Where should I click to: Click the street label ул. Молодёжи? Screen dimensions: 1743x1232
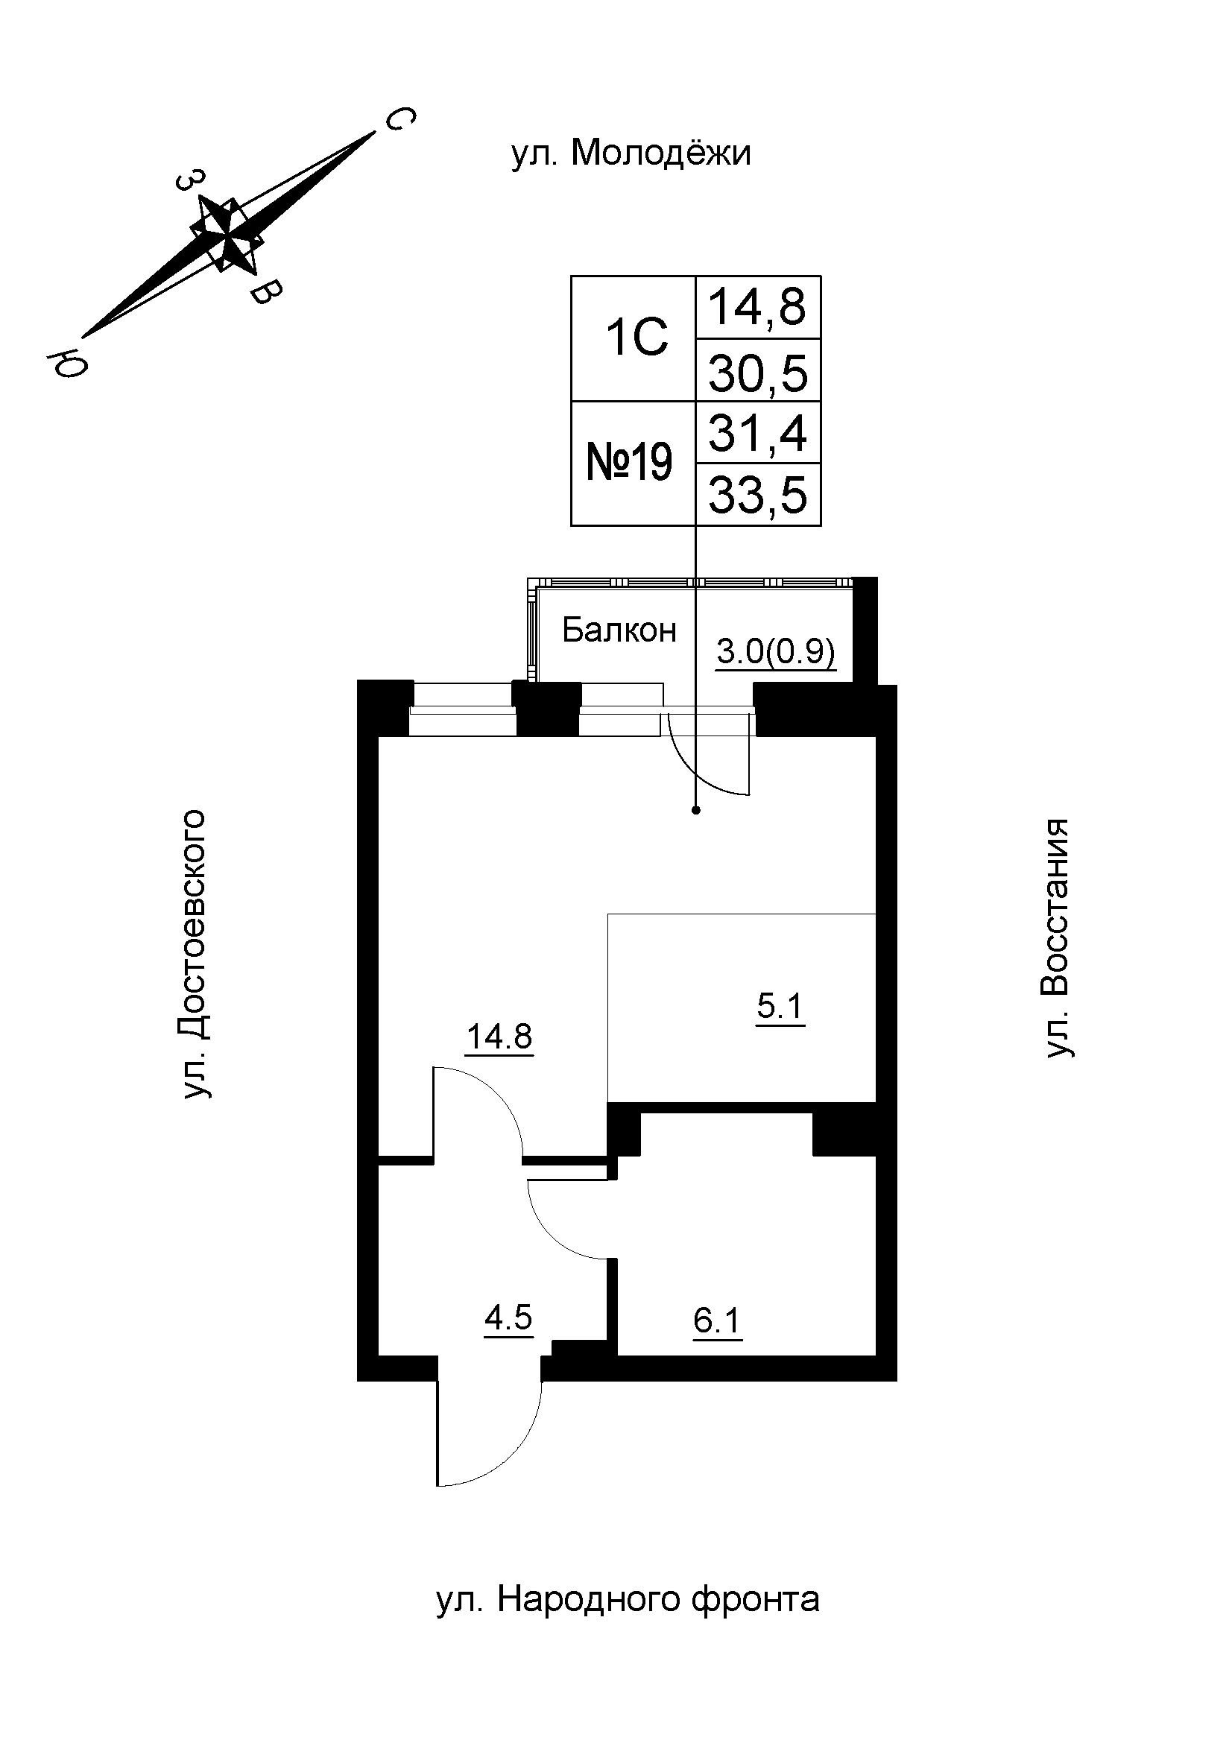(x=631, y=154)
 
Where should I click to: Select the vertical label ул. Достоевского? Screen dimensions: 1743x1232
(x=195, y=955)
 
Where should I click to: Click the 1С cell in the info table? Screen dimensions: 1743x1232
(x=636, y=338)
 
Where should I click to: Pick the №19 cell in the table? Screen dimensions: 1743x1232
(x=630, y=463)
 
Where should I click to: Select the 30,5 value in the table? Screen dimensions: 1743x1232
(x=757, y=373)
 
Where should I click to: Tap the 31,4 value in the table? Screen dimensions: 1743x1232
(x=757, y=432)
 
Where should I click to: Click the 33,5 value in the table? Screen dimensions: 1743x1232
(x=757, y=495)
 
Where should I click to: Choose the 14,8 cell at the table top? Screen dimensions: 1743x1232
(x=757, y=307)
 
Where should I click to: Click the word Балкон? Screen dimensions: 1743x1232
(x=619, y=630)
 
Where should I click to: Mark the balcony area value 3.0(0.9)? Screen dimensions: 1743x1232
(x=776, y=652)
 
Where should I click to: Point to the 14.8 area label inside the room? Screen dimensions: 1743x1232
(x=499, y=1037)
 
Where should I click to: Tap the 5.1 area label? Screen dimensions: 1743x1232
(x=780, y=1007)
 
